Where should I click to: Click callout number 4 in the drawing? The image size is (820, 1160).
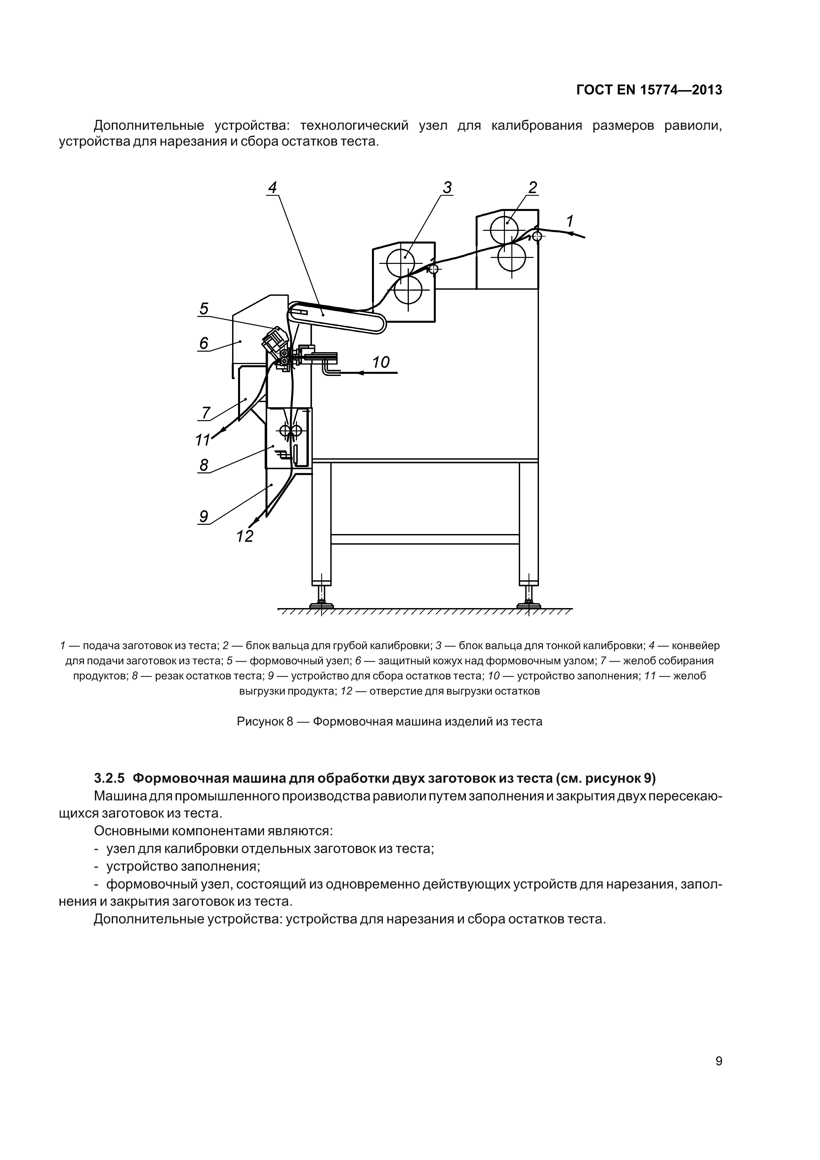click(x=272, y=188)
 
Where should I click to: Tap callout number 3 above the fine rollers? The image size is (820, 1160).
click(x=447, y=188)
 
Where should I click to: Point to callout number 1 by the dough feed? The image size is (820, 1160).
click(x=569, y=221)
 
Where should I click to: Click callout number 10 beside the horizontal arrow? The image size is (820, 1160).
click(x=381, y=362)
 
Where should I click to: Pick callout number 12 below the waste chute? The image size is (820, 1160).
click(x=245, y=536)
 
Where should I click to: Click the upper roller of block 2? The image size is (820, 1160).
click(x=503, y=229)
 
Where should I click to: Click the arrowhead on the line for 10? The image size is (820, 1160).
click(x=360, y=373)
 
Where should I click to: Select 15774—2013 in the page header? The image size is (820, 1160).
click(x=680, y=90)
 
